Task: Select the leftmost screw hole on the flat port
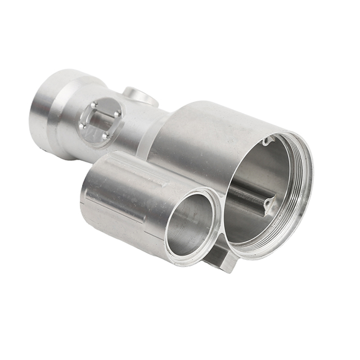pyautogui.click(x=83, y=126)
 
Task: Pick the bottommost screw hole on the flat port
pyautogui.click(x=105, y=137)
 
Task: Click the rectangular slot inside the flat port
pyautogui.click(x=100, y=120)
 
